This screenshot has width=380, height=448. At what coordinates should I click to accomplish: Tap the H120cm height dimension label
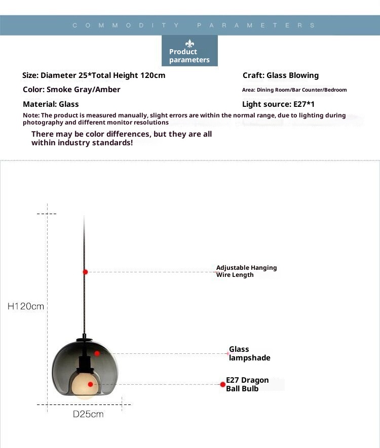pyautogui.click(x=26, y=306)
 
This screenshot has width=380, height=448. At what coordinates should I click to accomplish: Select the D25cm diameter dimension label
pyautogui.click(x=88, y=414)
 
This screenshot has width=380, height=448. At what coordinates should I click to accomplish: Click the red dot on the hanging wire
pyautogui.click(x=85, y=272)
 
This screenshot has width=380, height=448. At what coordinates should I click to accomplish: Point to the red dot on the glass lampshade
pyautogui.click(x=97, y=353)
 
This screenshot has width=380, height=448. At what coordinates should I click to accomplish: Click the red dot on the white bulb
pyautogui.click(x=91, y=384)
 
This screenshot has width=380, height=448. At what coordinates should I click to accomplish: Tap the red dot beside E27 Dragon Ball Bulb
pyautogui.click(x=222, y=385)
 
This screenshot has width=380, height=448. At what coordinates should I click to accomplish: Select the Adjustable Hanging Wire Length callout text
pyautogui.click(x=246, y=271)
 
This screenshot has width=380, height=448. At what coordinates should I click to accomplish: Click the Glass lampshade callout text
pyautogui.click(x=249, y=353)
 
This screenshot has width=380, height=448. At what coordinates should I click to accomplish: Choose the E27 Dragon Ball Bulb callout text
pyautogui.click(x=247, y=384)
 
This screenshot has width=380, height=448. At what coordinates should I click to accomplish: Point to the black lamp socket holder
pyautogui.click(x=85, y=362)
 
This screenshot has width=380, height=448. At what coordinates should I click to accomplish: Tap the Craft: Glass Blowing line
pyautogui.click(x=281, y=75)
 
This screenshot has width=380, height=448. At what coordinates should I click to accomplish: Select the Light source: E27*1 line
pyautogui.click(x=279, y=104)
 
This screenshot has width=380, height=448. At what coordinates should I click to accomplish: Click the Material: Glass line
pyautogui.click(x=51, y=104)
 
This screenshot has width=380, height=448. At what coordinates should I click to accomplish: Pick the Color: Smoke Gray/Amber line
pyautogui.click(x=71, y=90)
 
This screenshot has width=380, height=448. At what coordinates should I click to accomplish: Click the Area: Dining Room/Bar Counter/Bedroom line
pyautogui.click(x=294, y=90)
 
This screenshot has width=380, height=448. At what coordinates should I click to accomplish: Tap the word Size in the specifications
pyautogui.click(x=30, y=75)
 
